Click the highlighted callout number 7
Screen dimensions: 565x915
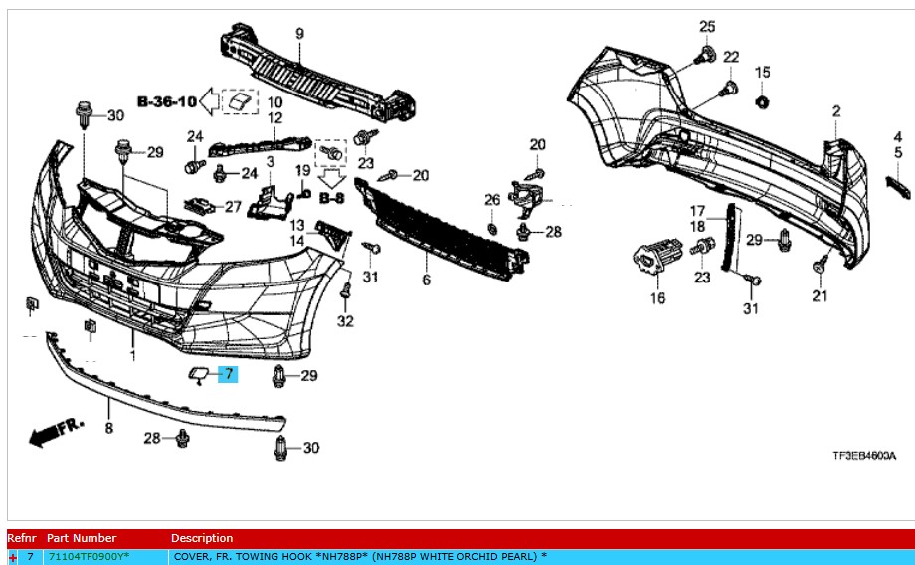pyautogui.click(x=228, y=375)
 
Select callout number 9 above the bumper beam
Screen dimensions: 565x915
pyautogui.click(x=299, y=35)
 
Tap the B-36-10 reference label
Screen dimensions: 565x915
pyautogui.click(x=167, y=100)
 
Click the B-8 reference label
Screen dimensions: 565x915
pyautogui.click(x=330, y=198)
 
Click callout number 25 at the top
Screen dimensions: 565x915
pyautogui.click(x=707, y=26)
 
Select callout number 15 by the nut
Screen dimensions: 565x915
pyautogui.click(x=763, y=72)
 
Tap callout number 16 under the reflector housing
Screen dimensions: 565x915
pyautogui.click(x=658, y=298)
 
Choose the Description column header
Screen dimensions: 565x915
pyautogui.click(x=202, y=538)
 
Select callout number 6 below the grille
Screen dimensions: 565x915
pyautogui.click(x=426, y=281)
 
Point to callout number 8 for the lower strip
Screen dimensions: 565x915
pyautogui.click(x=108, y=428)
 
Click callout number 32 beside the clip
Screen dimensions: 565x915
pyautogui.click(x=345, y=320)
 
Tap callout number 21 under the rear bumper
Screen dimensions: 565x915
pyautogui.click(x=819, y=296)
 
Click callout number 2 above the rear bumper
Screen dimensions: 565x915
pyautogui.click(x=836, y=110)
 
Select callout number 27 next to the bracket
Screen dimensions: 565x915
pyautogui.click(x=232, y=207)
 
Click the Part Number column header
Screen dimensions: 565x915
pyautogui.click(x=81, y=538)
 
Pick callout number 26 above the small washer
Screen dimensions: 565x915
pyautogui.click(x=491, y=200)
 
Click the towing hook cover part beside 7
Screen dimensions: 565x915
pyautogui.click(x=198, y=375)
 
